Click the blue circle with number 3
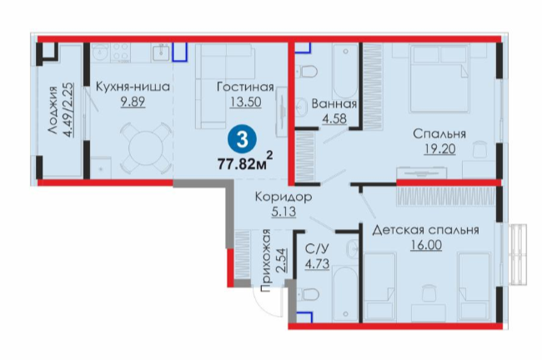pos(242,140)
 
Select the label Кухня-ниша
pos(133,87)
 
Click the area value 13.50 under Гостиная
pos(245,102)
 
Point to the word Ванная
pos(334,103)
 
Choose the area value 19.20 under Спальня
pos(439,149)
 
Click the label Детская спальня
pos(425,230)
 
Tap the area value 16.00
pos(426,245)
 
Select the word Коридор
pos(284,197)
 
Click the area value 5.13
pos(284,212)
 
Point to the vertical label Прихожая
pos(266,261)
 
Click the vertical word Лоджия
pos(53,110)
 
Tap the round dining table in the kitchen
pos(146,148)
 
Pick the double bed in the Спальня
pos(439,78)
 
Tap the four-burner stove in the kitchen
pos(121,52)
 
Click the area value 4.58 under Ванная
pos(334,118)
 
